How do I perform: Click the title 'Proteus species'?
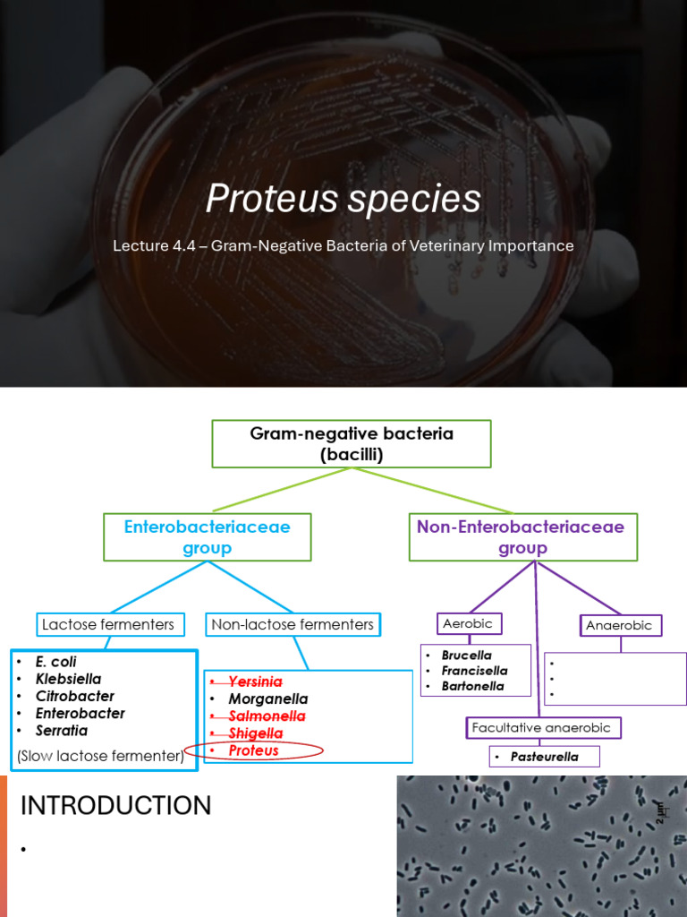[343, 199]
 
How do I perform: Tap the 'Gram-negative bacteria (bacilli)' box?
[351, 444]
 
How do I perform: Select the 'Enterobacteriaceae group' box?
[207, 537]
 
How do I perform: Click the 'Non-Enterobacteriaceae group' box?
[522, 537]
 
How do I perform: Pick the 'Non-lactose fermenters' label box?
[293, 624]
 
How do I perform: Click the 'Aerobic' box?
[467, 623]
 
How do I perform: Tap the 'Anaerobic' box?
[618, 625]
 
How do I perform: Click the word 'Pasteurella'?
[544, 757]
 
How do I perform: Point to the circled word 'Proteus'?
[253, 750]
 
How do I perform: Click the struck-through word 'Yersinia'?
[255, 682]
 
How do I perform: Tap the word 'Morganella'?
[267, 698]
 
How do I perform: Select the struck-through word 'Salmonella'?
[267, 716]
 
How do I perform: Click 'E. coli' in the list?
[55, 662]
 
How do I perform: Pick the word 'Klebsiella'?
[68, 679]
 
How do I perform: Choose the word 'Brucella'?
[466, 656]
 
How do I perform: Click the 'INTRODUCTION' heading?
[115, 806]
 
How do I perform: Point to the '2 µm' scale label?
[661, 811]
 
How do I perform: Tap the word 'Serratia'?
[61, 731]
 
